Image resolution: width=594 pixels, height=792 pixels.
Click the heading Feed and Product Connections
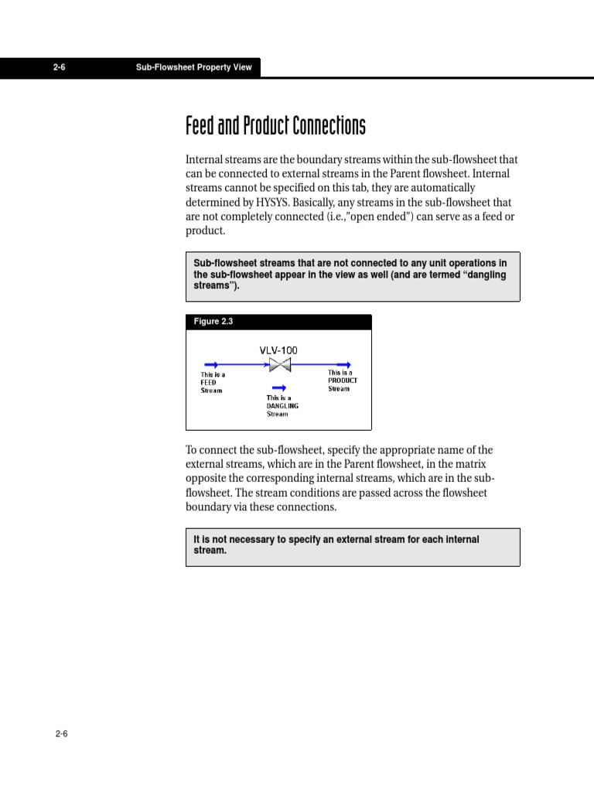(x=275, y=125)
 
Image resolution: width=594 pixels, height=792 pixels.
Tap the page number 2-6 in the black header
(x=60, y=67)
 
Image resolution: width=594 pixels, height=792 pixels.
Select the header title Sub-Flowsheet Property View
(x=193, y=67)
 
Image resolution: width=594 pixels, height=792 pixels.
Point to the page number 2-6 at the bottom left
(x=61, y=734)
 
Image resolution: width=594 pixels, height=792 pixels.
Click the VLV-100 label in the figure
(x=278, y=350)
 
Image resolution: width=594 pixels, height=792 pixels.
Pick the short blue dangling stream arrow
(x=279, y=388)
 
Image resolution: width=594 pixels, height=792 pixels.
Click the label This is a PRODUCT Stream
(x=342, y=381)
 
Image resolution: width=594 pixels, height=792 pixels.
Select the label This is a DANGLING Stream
(x=282, y=406)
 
